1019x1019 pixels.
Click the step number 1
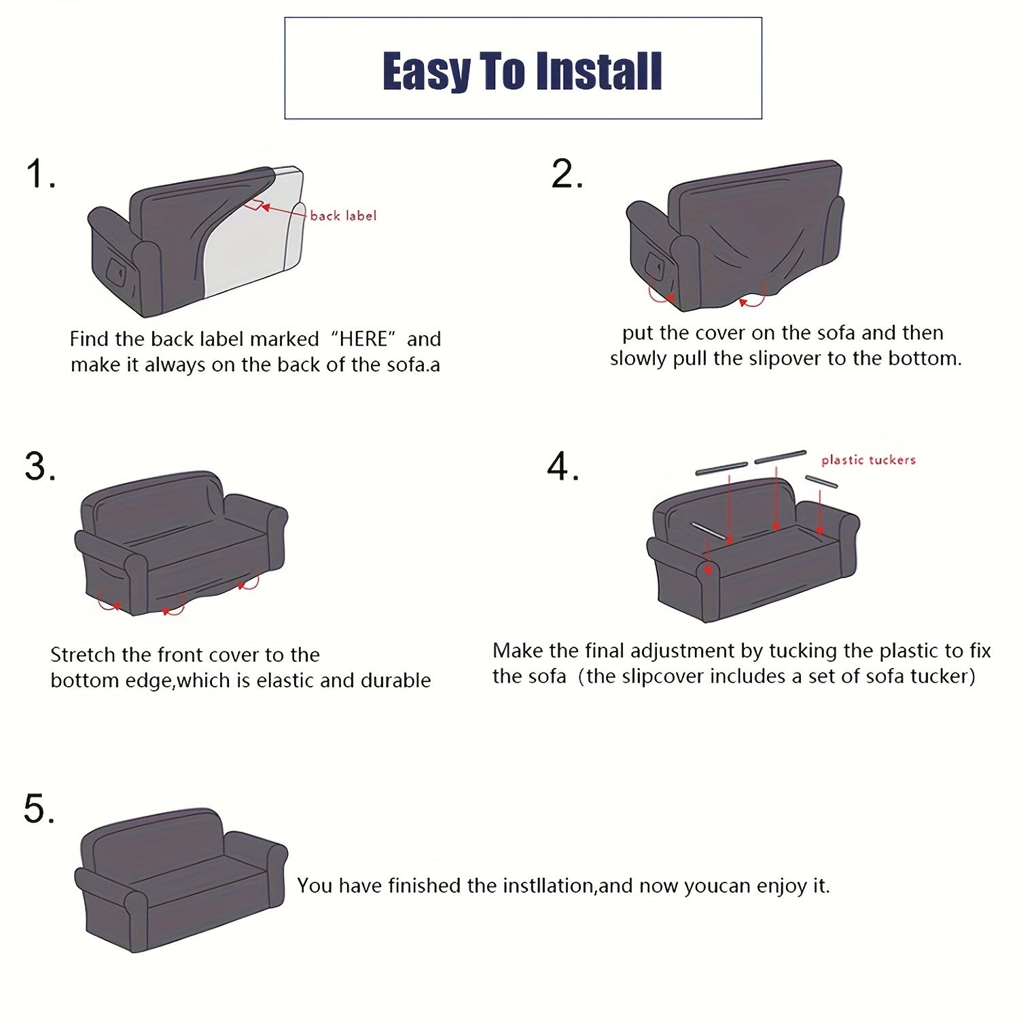point(39,174)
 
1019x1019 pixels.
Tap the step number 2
point(567,174)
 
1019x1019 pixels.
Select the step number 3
point(40,467)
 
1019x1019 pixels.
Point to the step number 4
point(563,467)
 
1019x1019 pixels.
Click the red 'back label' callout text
point(343,216)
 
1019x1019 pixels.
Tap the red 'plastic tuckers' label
point(868,460)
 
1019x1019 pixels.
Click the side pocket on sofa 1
point(117,274)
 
